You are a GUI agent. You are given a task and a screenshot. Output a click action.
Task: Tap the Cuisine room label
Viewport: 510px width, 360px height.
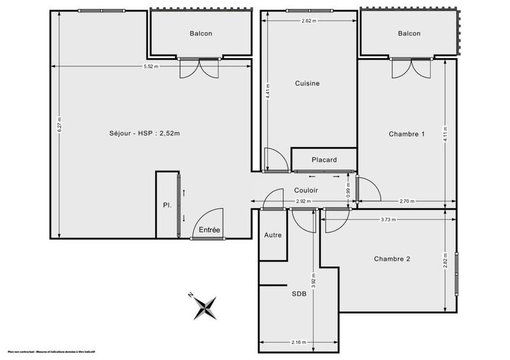307,83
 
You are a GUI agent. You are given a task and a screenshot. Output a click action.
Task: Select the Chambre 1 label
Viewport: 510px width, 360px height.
406,134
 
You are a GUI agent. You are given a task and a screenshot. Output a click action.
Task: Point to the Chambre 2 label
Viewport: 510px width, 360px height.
392,259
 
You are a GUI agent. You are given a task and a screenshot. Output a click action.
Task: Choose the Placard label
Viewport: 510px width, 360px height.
324,159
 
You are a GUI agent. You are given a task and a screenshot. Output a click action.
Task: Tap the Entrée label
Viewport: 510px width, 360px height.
210,229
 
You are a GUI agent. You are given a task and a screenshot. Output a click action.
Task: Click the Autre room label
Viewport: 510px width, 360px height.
273,235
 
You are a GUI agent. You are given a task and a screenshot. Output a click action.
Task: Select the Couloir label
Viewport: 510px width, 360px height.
306,190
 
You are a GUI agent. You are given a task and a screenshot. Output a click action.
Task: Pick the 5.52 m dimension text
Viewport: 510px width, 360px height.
150,67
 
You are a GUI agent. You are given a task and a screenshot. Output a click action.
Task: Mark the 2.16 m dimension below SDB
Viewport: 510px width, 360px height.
298,343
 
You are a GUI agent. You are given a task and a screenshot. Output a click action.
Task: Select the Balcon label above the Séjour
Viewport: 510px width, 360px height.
200,34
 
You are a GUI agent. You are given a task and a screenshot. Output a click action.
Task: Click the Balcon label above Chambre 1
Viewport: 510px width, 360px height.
409,34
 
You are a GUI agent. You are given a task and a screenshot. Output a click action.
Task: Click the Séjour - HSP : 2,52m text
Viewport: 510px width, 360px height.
145,133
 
